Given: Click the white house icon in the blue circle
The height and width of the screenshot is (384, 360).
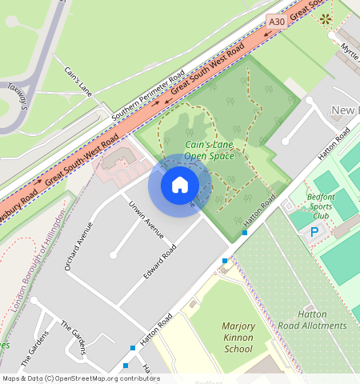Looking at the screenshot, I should click(180, 186).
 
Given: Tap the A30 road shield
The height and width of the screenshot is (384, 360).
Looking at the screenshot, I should click(277, 22).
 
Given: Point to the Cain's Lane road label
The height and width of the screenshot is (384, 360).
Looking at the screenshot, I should click(79, 82).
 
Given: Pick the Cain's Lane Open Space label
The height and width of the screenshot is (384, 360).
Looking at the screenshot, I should click(210, 150).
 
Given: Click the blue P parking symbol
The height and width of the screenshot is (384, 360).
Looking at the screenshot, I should click(314, 231).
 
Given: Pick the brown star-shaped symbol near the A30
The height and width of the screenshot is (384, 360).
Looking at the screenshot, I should click(326, 18).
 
